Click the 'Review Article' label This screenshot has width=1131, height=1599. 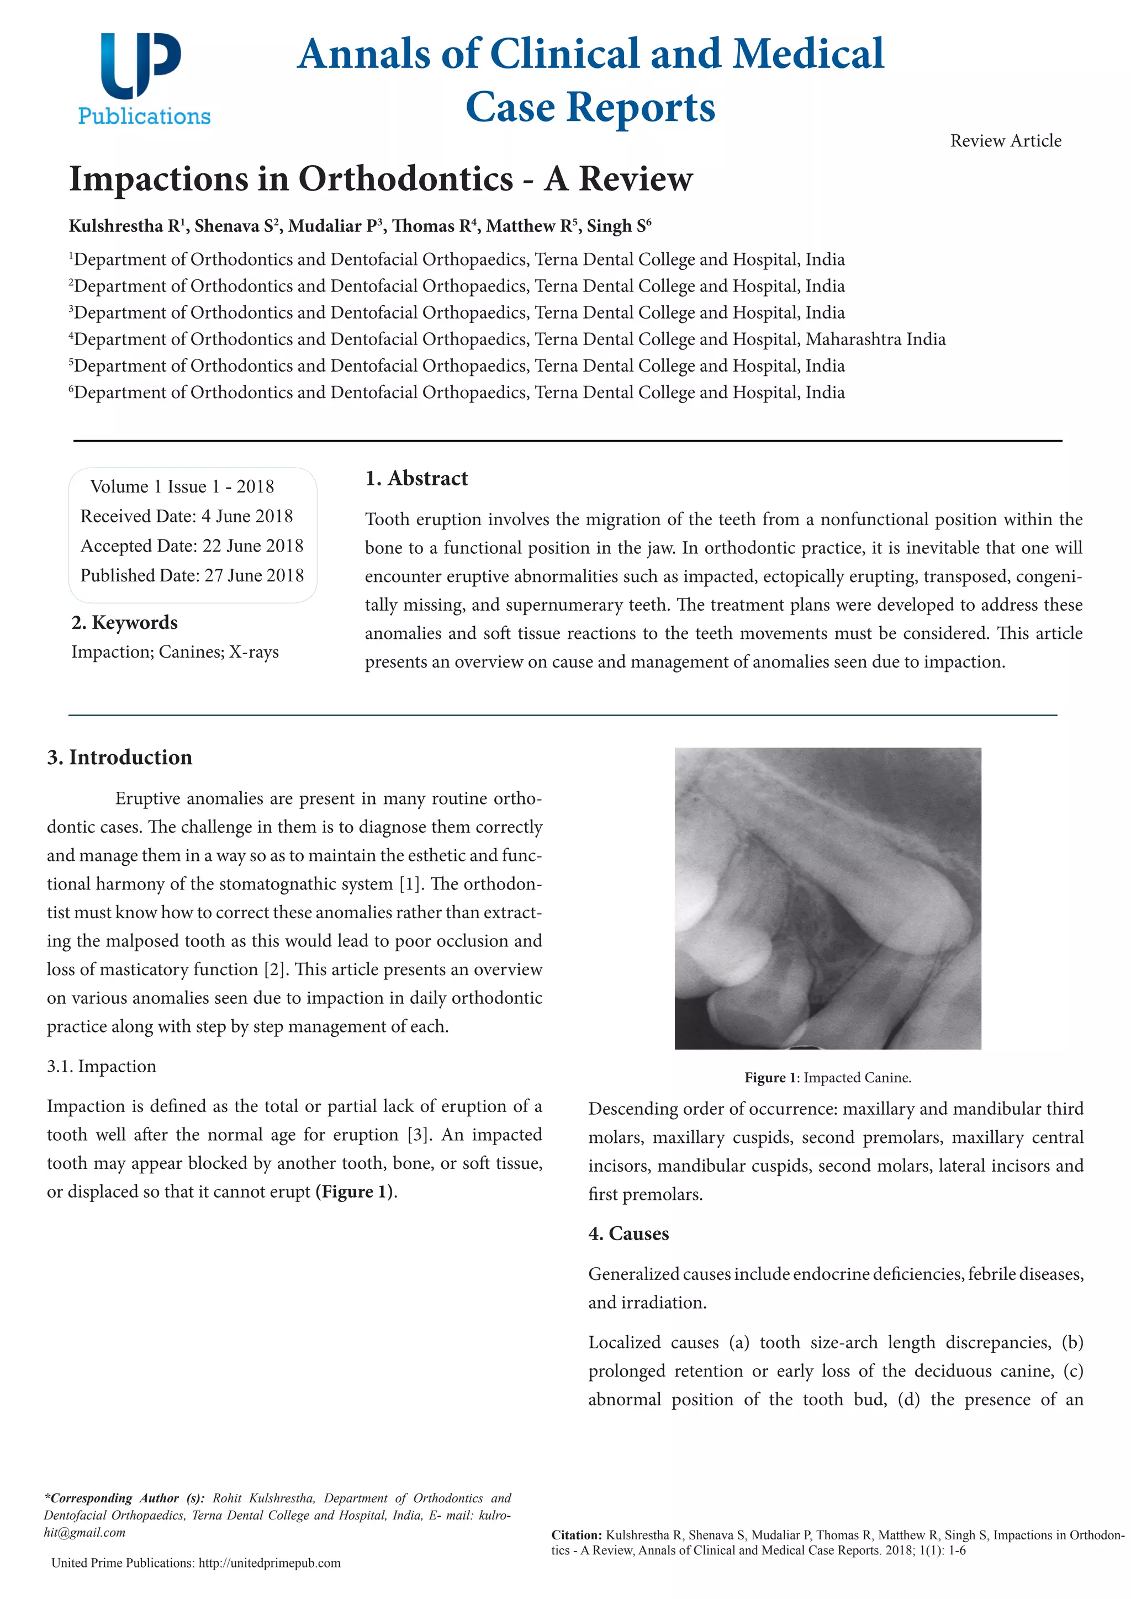[1005, 141]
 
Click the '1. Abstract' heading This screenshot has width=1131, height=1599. [416, 479]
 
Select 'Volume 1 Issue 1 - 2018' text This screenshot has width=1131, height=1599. [182, 486]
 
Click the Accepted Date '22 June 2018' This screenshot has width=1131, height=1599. [253, 546]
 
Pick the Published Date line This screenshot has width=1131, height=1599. [192, 575]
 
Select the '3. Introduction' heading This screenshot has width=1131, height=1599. [119, 758]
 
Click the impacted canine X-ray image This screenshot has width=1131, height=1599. [827, 898]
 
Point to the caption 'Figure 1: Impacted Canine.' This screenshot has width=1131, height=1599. [827, 1077]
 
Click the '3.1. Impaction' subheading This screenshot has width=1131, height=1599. [101, 1066]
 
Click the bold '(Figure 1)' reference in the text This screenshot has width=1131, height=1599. [355, 1192]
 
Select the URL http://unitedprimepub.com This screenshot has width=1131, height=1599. [269, 1563]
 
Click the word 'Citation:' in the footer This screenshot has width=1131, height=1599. [576, 1535]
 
